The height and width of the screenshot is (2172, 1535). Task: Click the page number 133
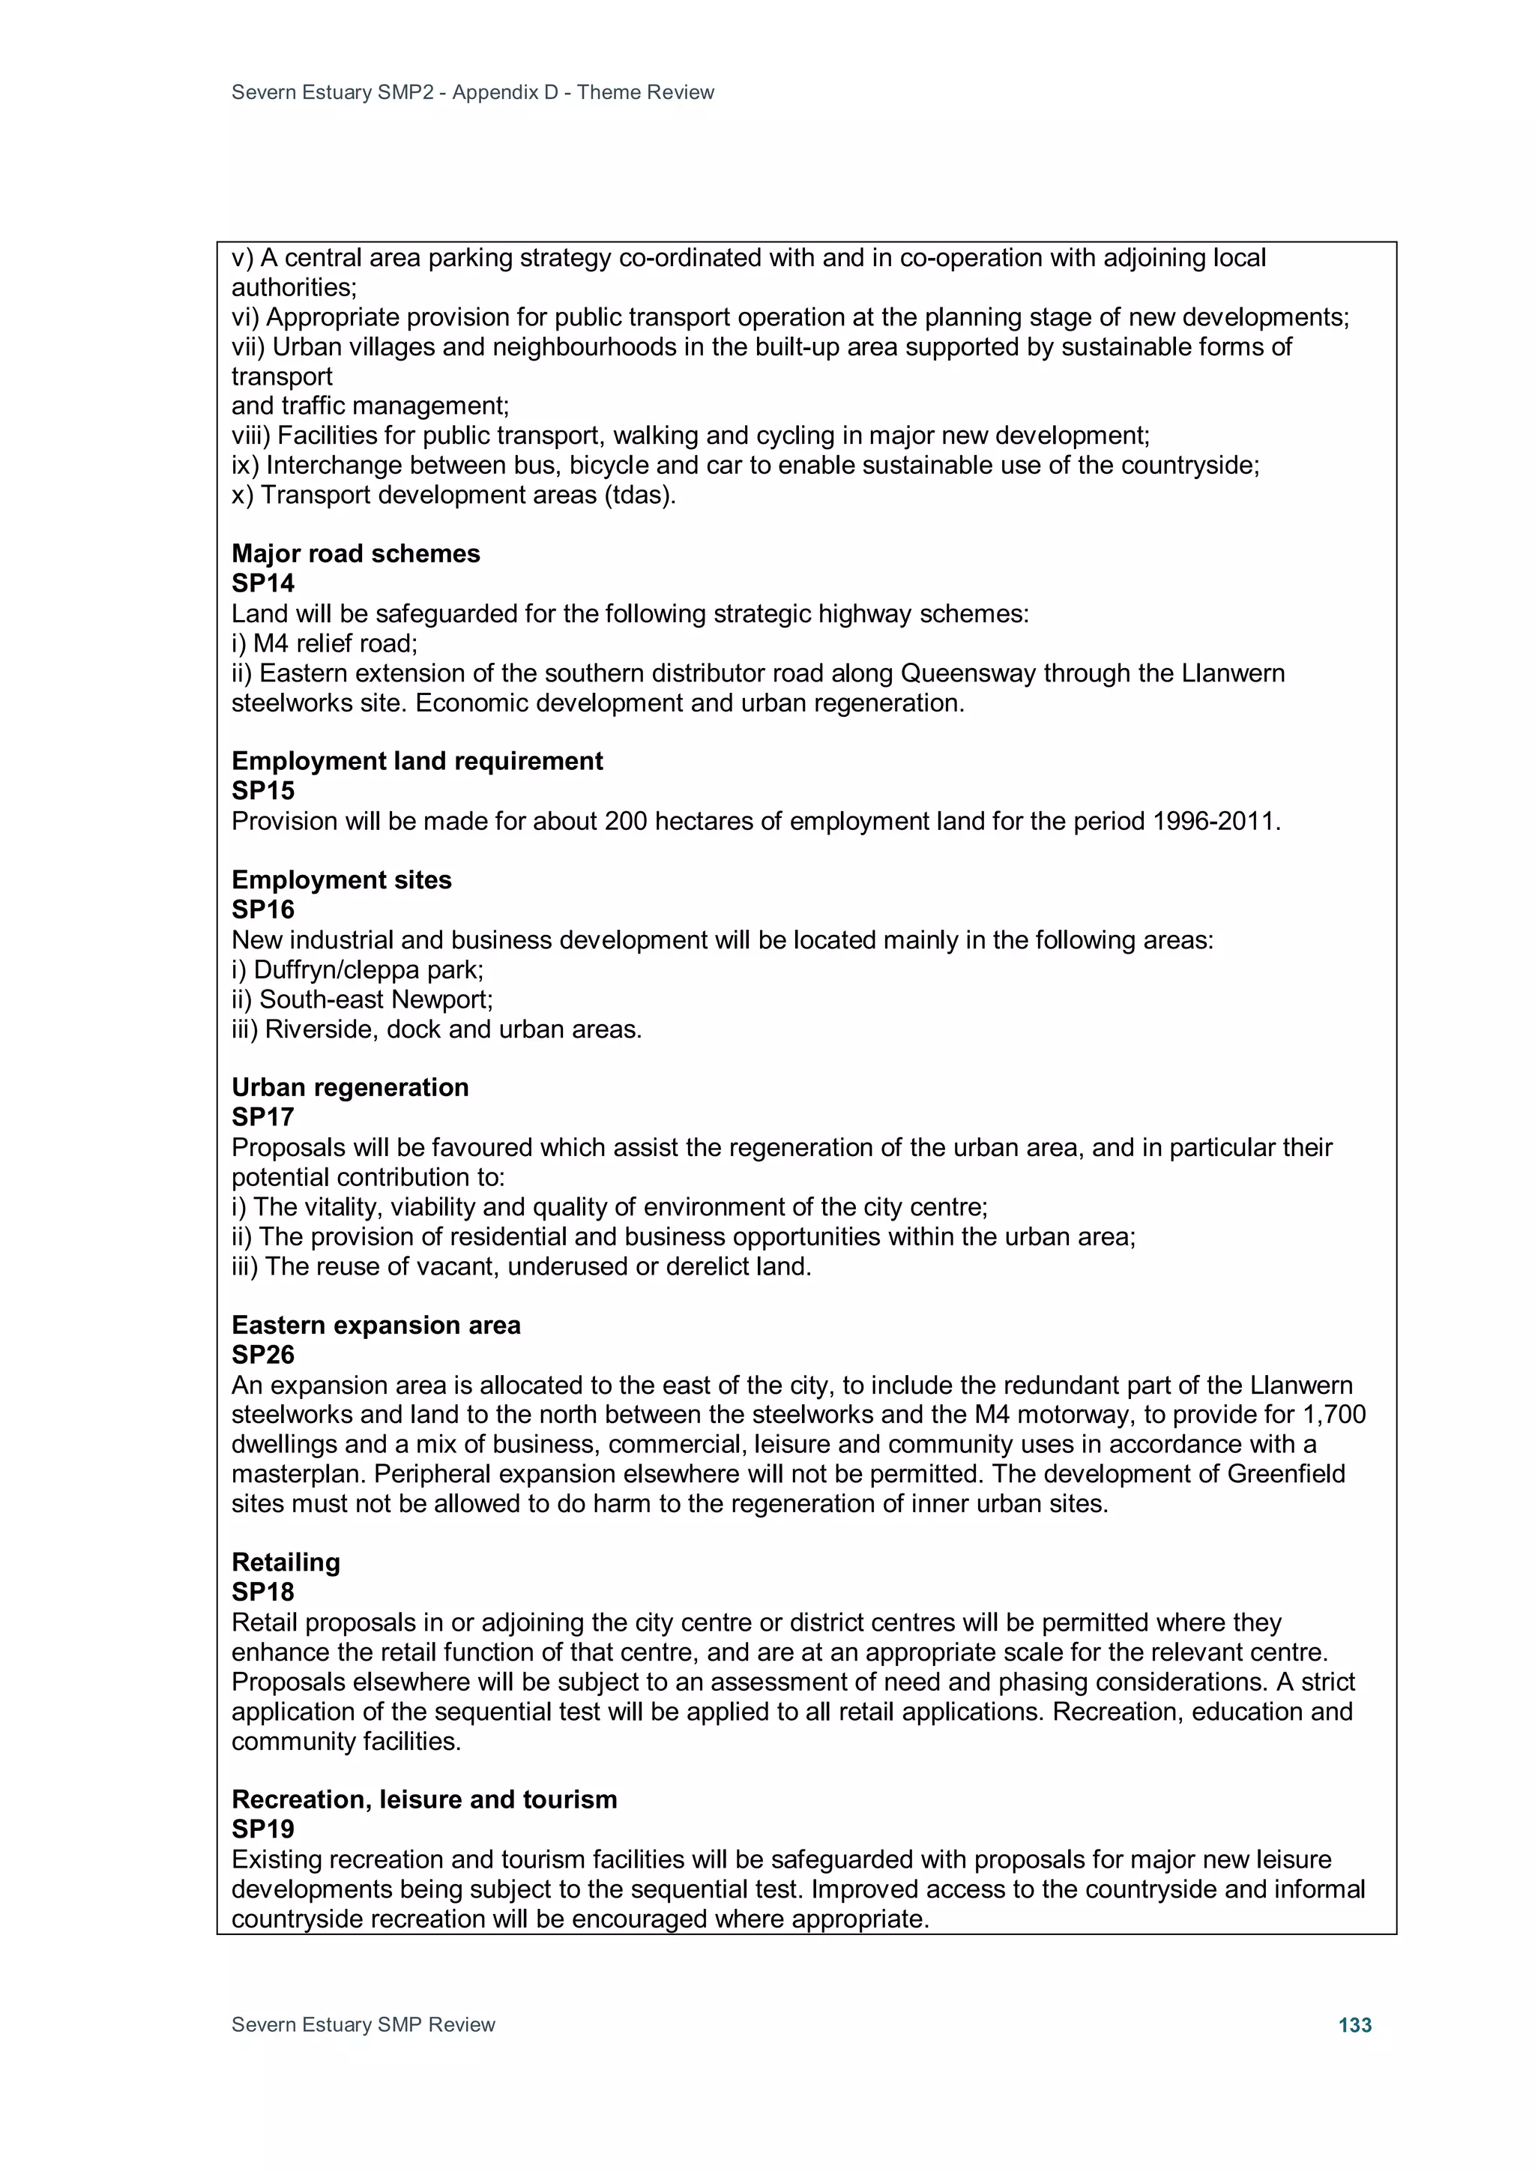pos(1354,2024)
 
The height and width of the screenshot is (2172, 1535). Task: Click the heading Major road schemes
pos(355,553)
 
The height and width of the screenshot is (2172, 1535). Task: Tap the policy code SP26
pos(263,1355)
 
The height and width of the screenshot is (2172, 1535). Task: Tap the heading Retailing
pos(286,1562)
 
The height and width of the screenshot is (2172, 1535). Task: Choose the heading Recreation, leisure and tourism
pos(423,1799)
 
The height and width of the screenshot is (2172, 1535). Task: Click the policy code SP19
pos(263,1829)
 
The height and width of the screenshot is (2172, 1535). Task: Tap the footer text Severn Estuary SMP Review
pos(364,2024)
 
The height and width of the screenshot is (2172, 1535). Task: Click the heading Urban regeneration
pos(350,1087)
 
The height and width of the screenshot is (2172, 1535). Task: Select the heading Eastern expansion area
pos(376,1324)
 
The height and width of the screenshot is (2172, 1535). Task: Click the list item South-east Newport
pos(376,999)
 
